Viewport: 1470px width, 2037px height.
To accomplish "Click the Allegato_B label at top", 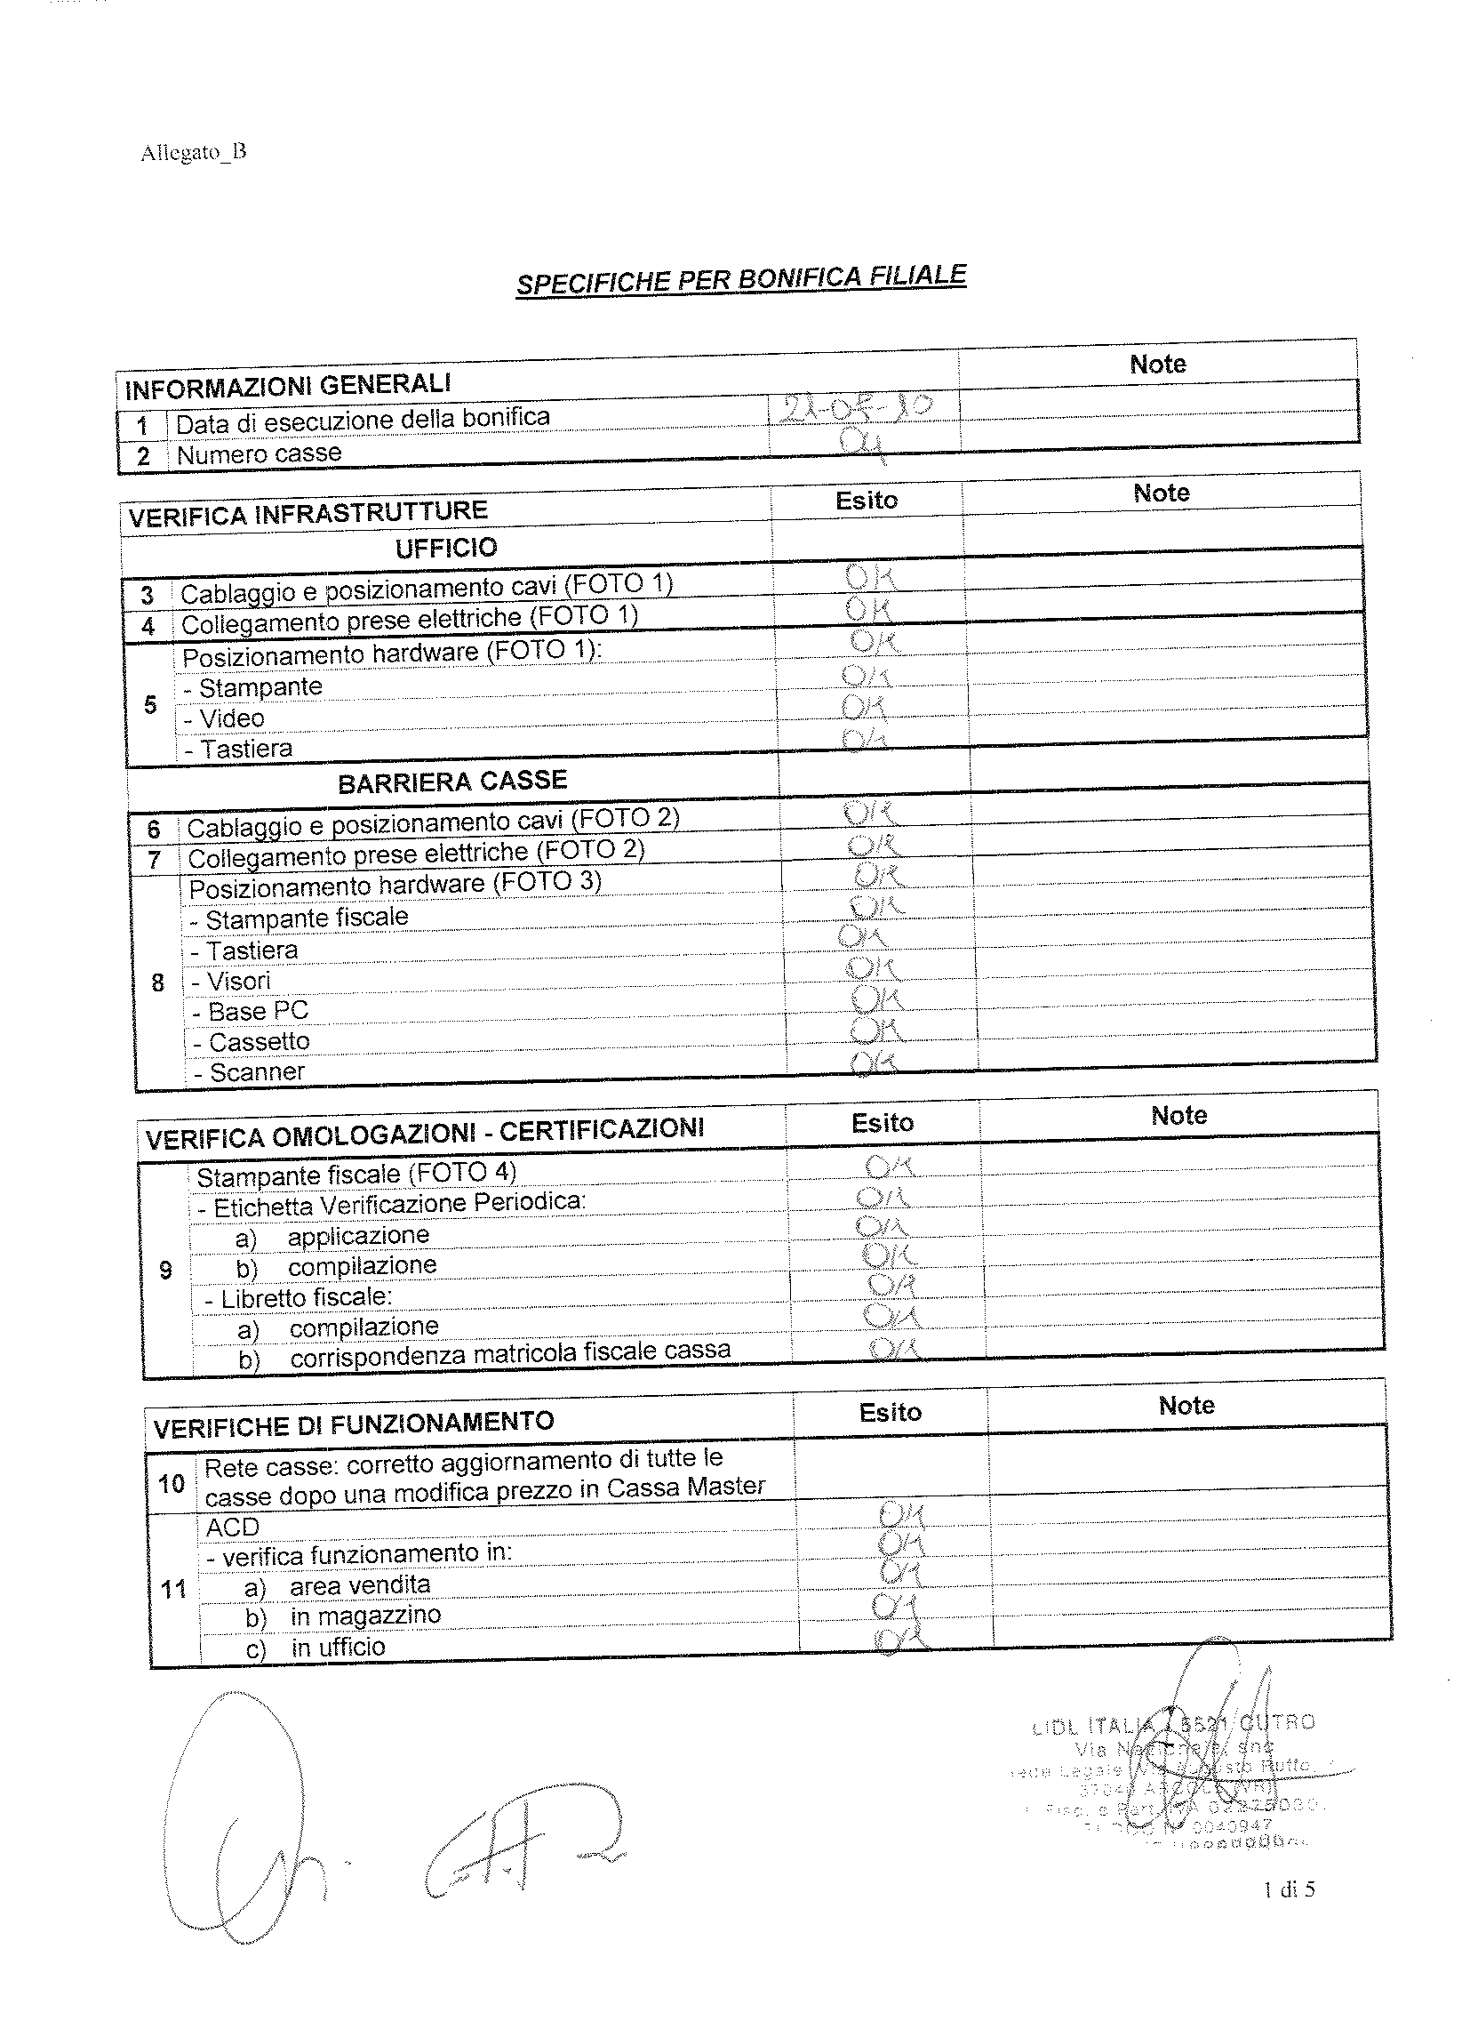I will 193,152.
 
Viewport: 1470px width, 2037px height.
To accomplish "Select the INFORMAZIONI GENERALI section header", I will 287,386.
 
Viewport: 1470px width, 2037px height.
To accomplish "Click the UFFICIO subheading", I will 446,548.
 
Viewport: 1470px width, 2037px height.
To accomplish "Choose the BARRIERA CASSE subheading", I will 452,782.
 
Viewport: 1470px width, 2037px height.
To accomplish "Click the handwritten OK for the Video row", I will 864,709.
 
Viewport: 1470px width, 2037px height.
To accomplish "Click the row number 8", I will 158,982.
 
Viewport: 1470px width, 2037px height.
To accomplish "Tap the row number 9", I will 165,1270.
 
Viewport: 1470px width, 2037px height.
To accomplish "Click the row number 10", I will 171,1484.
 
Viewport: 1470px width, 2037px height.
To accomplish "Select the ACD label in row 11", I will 233,1527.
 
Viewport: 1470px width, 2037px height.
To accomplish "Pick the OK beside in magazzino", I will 892,1605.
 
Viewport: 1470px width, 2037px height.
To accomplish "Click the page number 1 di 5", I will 1289,1889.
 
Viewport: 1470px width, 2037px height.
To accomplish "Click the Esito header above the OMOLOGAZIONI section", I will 882,1124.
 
